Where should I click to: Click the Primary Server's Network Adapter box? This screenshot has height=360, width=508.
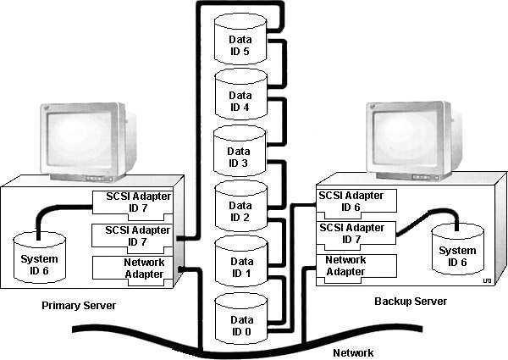point(132,269)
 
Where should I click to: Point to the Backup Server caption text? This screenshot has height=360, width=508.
point(410,301)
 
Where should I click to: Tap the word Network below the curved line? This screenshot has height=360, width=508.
point(352,351)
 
